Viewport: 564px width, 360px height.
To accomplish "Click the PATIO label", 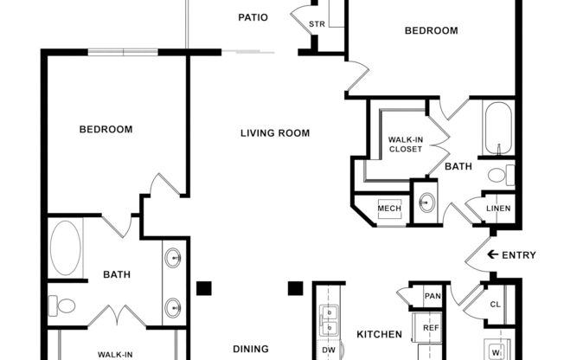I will click(253, 17).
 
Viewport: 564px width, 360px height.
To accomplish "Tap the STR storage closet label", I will click(317, 24).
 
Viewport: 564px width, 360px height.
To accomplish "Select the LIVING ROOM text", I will click(275, 133).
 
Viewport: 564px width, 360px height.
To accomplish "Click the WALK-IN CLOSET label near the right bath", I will click(405, 144).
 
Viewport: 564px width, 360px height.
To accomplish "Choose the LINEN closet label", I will click(497, 209).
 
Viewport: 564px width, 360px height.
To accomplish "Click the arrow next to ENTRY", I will click(493, 254).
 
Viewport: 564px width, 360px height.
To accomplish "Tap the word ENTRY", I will click(519, 255).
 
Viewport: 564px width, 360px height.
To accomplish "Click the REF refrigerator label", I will click(431, 329).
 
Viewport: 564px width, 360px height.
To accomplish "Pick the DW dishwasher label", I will click(329, 350).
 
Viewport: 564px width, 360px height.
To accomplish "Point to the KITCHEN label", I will click(379, 334).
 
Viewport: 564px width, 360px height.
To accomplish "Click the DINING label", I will click(250, 350).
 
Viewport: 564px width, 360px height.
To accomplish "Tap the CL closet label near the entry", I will click(495, 305).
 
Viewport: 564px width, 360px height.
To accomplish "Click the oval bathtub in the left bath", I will click(65, 247).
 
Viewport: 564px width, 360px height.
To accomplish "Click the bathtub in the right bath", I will click(499, 129).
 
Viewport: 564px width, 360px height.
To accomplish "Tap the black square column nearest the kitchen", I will click(295, 288).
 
